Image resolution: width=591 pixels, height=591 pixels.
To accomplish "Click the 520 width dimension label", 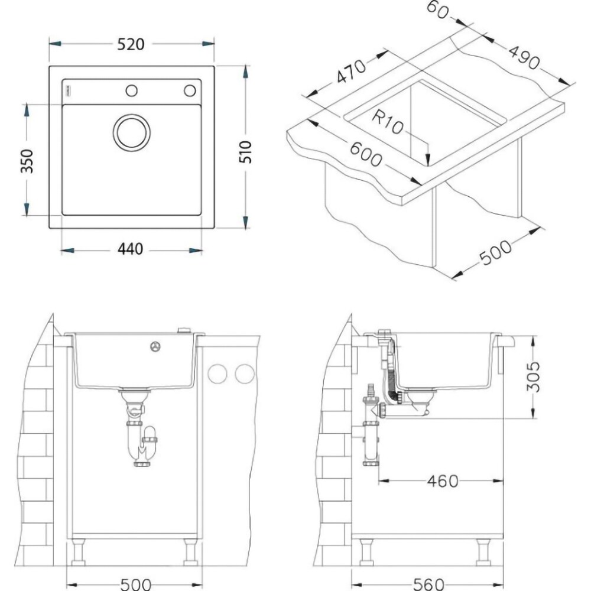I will pos(131,44).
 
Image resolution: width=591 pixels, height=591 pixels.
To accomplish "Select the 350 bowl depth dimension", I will pos(27,161).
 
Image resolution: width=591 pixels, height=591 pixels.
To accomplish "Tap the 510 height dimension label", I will pos(246,151).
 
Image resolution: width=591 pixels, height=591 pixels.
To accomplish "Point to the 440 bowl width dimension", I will pos(131,249).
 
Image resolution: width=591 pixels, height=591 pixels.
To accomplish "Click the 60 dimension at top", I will pos(440,9).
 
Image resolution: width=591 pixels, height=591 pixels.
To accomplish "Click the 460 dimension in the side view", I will pos(441,481).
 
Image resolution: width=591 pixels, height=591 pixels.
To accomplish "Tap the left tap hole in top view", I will pos(131,90).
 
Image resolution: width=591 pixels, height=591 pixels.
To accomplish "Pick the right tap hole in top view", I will pos(189,90).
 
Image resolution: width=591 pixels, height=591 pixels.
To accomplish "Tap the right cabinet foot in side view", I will pos(483,553).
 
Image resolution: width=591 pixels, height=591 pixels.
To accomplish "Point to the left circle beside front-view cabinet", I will pos(218,374).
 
